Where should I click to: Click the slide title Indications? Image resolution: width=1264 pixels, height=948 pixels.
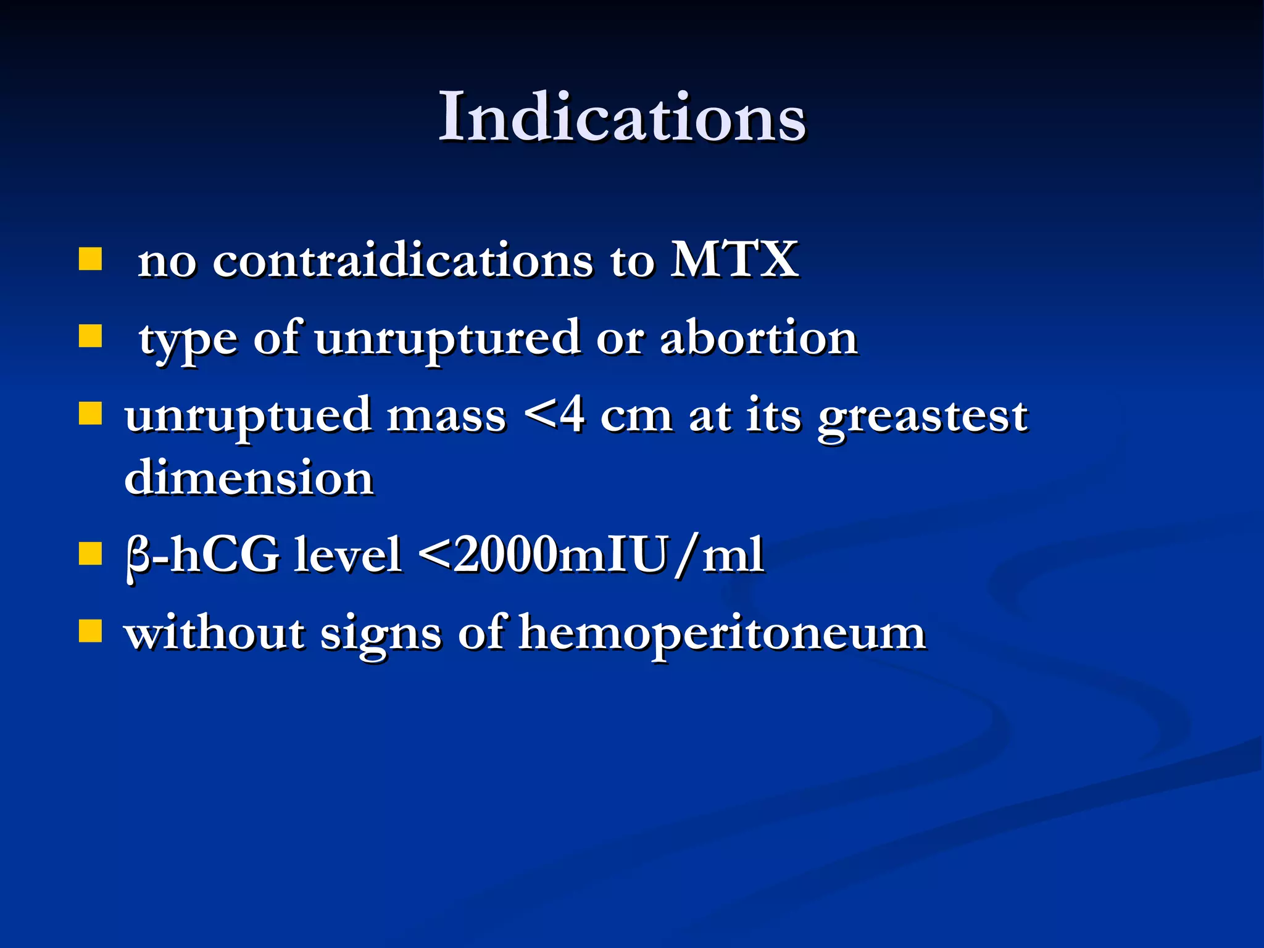622,117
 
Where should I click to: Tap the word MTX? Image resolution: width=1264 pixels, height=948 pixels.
734,260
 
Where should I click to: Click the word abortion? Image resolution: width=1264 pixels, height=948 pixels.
759,338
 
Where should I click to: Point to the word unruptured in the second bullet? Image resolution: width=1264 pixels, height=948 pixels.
447,340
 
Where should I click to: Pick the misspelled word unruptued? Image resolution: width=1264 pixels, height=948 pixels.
246,417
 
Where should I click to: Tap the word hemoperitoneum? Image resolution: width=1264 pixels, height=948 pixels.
721,633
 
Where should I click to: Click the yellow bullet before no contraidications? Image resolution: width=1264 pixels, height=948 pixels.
90,260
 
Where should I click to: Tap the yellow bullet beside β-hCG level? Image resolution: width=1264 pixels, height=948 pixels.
90,554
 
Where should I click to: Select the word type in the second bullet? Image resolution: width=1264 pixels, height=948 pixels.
188,340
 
